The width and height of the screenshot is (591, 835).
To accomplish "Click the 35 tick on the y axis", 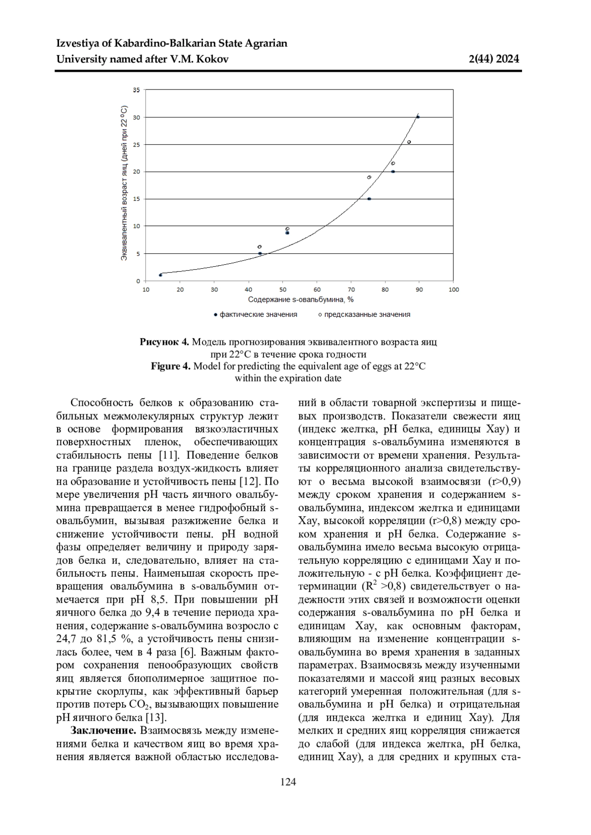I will [x=136, y=90].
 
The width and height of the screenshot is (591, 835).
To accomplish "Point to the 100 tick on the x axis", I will [x=453, y=290].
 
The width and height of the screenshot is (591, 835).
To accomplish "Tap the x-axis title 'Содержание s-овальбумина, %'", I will [x=301, y=300].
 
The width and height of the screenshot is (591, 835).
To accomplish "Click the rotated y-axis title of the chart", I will [x=124, y=183].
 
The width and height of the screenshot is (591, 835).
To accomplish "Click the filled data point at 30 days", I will [x=418, y=117].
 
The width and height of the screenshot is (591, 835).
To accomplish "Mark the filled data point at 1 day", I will [x=161, y=275].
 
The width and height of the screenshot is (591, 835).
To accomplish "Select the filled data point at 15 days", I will [x=369, y=199].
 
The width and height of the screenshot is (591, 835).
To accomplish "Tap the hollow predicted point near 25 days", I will [x=409, y=142].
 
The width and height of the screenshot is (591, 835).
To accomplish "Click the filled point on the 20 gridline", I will [x=393, y=172].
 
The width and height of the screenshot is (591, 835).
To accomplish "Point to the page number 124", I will [x=288, y=782].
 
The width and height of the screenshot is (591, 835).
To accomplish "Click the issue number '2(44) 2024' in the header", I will [x=494, y=60].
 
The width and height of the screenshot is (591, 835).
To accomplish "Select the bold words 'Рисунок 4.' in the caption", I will [x=164, y=342].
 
